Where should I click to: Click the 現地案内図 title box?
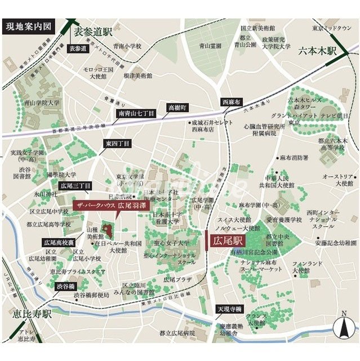[x=29, y=26]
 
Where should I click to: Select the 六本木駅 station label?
[x=317, y=51]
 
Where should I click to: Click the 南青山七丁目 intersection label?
[x=136, y=113]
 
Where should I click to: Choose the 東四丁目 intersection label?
[x=117, y=144]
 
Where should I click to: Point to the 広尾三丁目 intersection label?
[x=75, y=185]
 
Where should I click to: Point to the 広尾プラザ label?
[x=177, y=279]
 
